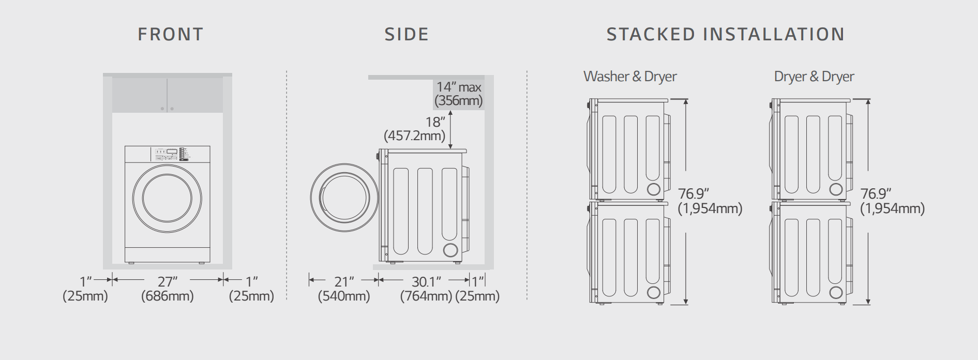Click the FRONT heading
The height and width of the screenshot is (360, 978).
pyautogui.click(x=171, y=34)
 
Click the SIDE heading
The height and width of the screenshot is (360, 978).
pyautogui.click(x=407, y=34)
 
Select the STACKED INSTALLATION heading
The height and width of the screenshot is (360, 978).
pyautogui.click(x=726, y=34)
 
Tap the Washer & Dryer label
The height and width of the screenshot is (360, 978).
pyautogui.click(x=630, y=77)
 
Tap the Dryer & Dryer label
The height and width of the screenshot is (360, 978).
pyautogui.click(x=814, y=77)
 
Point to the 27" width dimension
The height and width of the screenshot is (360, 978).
pyautogui.click(x=168, y=281)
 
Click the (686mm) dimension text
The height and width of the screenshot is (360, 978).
pyautogui.click(x=168, y=296)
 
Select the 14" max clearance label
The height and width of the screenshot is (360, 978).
pyautogui.click(x=459, y=87)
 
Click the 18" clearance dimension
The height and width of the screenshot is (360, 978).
pyautogui.click(x=435, y=122)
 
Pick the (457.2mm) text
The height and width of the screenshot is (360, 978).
pyautogui.click(x=414, y=136)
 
